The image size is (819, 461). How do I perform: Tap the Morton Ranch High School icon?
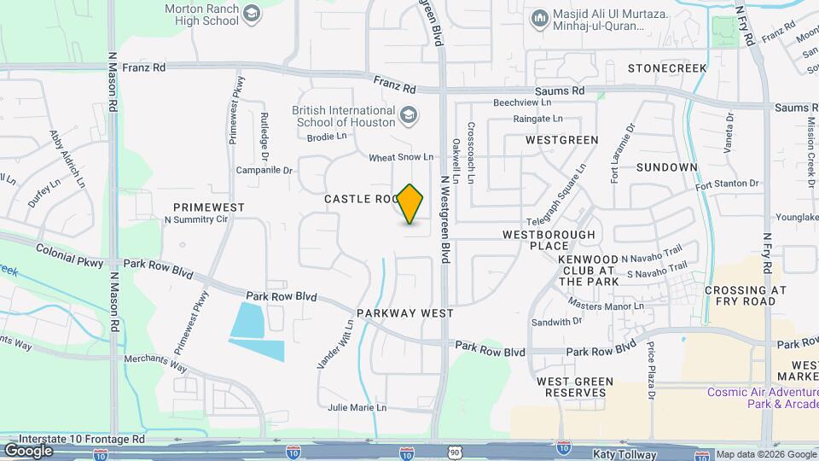252,13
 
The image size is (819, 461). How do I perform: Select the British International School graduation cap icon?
409,114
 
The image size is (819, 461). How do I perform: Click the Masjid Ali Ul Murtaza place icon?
539,18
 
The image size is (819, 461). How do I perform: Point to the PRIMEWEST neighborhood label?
209,207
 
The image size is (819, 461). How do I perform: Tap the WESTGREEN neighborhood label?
562,139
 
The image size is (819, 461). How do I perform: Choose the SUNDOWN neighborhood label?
666,167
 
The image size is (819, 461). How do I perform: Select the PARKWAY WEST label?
405,313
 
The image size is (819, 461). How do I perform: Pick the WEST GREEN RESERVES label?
572,387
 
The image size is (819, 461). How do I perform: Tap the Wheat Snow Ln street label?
401,158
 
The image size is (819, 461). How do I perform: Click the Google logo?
28,450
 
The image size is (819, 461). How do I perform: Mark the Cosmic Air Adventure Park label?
762,398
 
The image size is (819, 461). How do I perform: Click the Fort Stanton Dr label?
726,184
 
